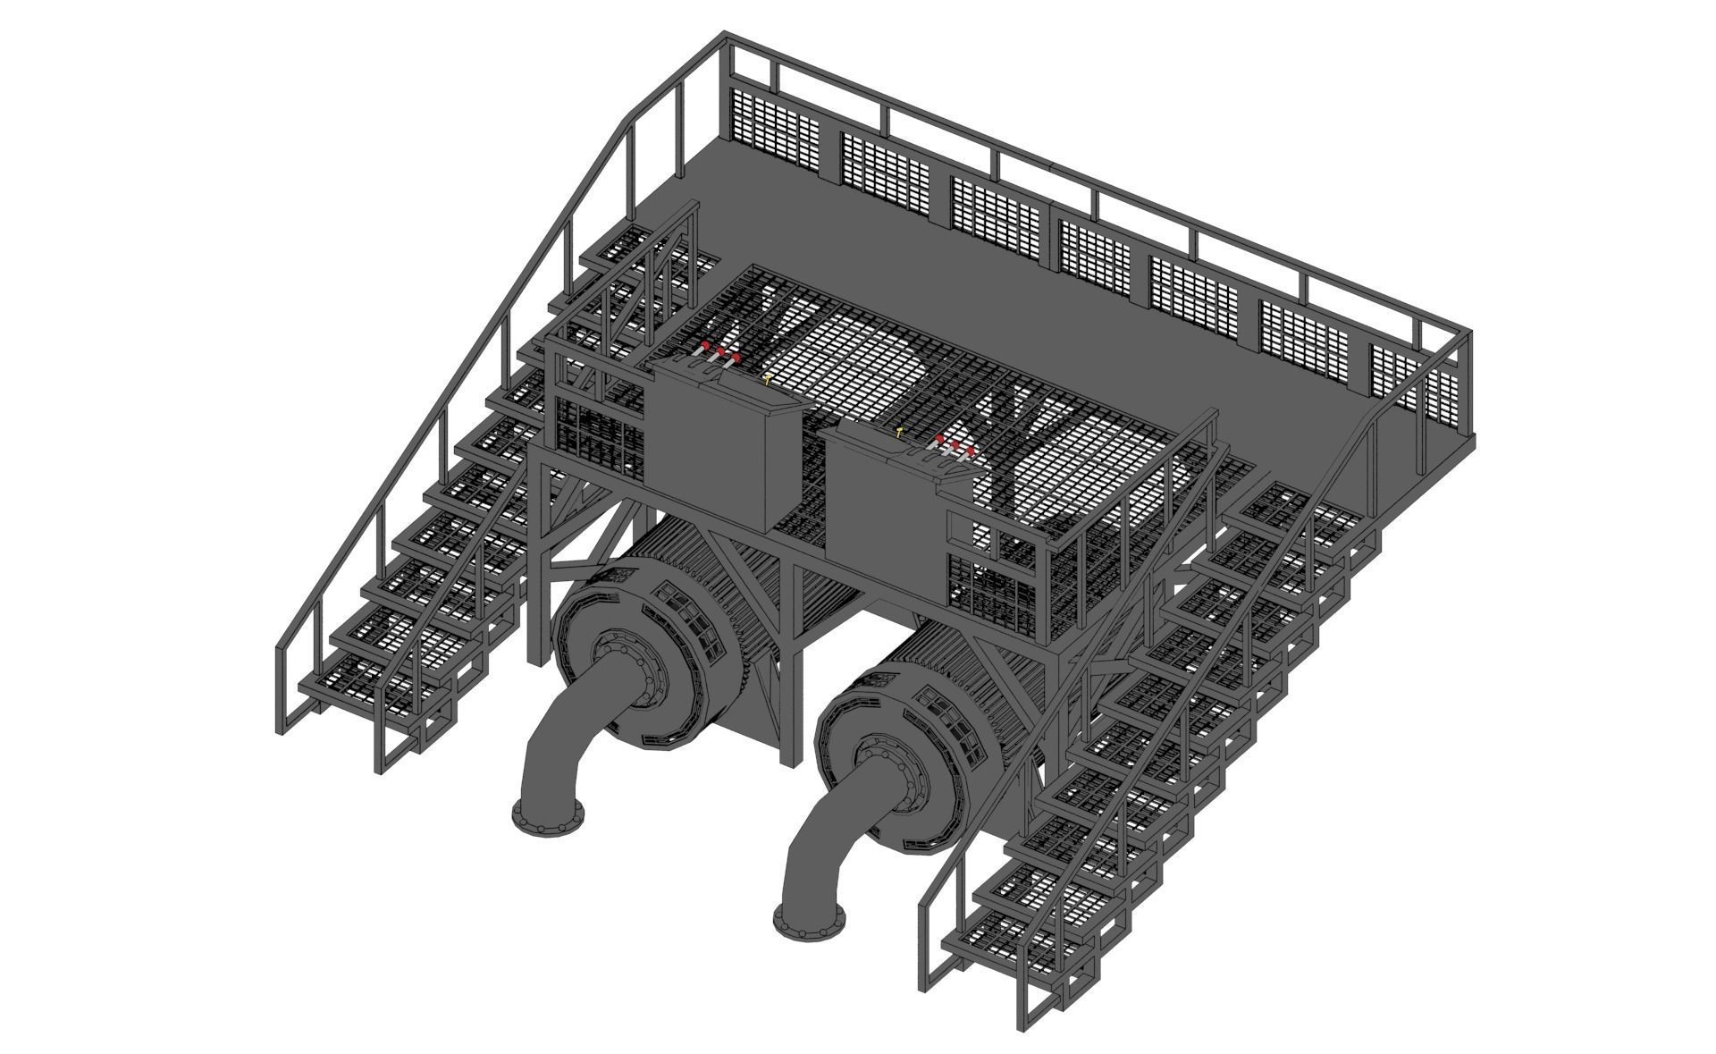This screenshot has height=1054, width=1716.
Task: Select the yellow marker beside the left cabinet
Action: (767, 380)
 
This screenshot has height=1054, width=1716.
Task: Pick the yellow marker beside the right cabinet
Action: (899, 432)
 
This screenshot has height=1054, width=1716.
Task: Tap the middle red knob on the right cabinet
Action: (955, 444)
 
